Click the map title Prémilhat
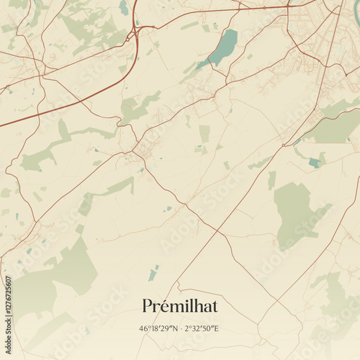[x=180, y=306]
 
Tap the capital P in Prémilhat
[x=148, y=306]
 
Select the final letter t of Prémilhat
[x=214, y=306]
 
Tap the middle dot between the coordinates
[x=181, y=328]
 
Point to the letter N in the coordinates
[x=174, y=328]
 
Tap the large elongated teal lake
[x=222, y=48]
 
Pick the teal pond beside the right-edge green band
[x=315, y=163]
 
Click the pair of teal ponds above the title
[x=153, y=273]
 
